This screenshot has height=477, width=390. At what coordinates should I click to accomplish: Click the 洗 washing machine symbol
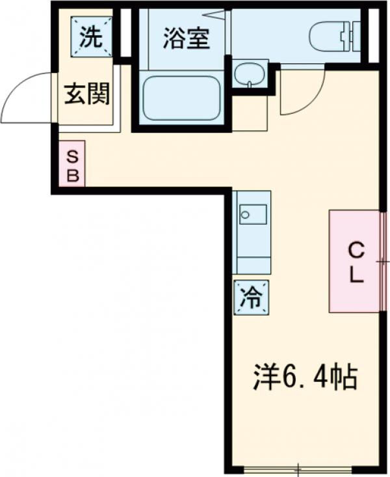[91, 38]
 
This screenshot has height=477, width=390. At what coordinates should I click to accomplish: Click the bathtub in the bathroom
[181, 98]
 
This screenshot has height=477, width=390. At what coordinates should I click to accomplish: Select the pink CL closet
[354, 261]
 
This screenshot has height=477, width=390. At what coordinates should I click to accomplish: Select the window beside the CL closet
[383, 261]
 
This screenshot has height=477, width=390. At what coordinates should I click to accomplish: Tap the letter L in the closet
[356, 274]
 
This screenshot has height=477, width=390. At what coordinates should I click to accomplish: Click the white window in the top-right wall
[372, 36]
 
